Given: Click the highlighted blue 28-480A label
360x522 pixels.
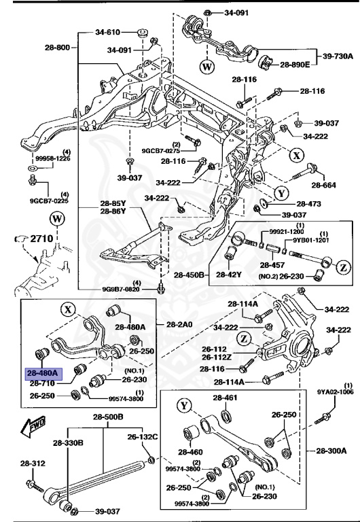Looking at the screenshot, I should [x=42, y=372].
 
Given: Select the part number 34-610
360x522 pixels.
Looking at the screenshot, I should [x=107, y=32].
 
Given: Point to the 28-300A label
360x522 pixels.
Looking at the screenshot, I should [x=330, y=450].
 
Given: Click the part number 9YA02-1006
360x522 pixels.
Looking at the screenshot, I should [x=336, y=391].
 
